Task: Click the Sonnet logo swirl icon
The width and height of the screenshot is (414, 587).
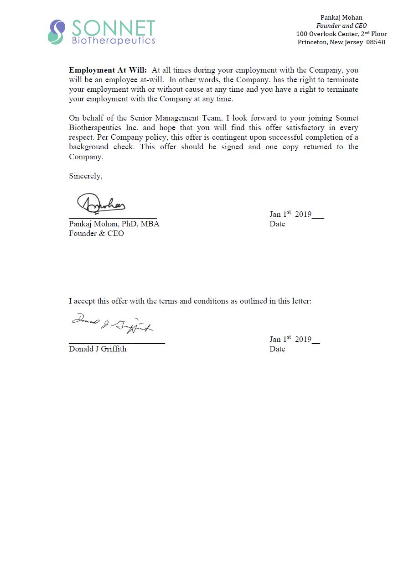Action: pyautogui.click(x=56, y=32)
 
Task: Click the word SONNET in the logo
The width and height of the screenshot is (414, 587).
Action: pyautogui.click(x=114, y=28)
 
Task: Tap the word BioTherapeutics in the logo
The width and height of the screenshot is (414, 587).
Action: pyautogui.click(x=114, y=41)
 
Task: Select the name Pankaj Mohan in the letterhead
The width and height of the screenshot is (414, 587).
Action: pyautogui.click(x=341, y=18)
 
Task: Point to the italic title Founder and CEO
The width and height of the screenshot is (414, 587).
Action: pyautogui.click(x=341, y=26)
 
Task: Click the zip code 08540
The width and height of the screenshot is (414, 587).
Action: pyautogui.click(x=375, y=42)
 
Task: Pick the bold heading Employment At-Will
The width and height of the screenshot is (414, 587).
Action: pyautogui.click(x=108, y=70)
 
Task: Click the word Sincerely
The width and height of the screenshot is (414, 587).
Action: pyautogui.click(x=85, y=176)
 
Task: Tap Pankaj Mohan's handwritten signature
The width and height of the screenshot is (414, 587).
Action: pyautogui.click(x=101, y=204)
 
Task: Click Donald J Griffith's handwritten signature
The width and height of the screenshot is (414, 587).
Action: pyautogui.click(x=112, y=323)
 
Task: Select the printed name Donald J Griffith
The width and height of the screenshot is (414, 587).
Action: pyautogui.click(x=98, y=349)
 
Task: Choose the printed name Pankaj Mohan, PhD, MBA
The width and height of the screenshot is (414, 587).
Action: pyautogui.click(x=114, y=224)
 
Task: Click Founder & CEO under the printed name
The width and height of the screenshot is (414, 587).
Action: pyautogui.click(x=96, y=234)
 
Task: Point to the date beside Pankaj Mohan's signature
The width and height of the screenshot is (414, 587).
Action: pyautogui.click(x=290, y=214)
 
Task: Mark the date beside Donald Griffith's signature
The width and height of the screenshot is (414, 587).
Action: pyautogui.click(x=290, y=339)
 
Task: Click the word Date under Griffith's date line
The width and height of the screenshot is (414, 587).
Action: pyautogui.click(x=277, y=349)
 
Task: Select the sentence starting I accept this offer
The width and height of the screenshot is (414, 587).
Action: pyautogui.click(x=190, y=301)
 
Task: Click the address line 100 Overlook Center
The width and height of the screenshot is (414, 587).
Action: pyautogui.click(x=341, y=34)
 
